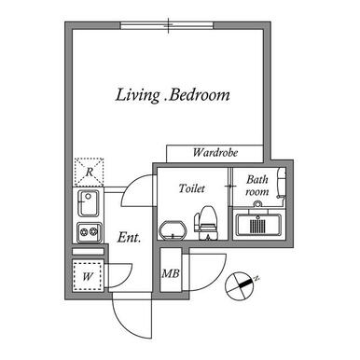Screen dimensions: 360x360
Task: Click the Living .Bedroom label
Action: click(x=173, y=95)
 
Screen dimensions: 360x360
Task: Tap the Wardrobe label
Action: click(x=215, y=152)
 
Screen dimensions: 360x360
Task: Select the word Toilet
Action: click(x=192, y=188)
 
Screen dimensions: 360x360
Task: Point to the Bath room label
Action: click(x=256, y=186)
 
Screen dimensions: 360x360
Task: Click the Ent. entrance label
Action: click(x=130, y=238)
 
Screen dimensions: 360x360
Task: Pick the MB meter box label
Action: click(x=171, y=273)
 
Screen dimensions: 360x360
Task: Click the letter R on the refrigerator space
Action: click(x=90, y=172)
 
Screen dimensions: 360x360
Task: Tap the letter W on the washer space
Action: click(x=88, y=276)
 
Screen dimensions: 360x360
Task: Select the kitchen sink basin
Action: click(x=89, y=203)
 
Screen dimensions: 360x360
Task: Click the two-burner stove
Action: click(x=90, y=232)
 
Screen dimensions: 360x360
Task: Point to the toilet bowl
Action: click(x=206, y=223)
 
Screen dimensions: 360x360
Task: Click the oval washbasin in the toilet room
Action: click(x=173, y=230)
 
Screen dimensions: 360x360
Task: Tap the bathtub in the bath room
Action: click(x=258, y=224)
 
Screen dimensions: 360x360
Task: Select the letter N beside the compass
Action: click(x=256, y=278)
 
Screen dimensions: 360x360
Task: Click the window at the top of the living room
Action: click(x=167, y=25)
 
